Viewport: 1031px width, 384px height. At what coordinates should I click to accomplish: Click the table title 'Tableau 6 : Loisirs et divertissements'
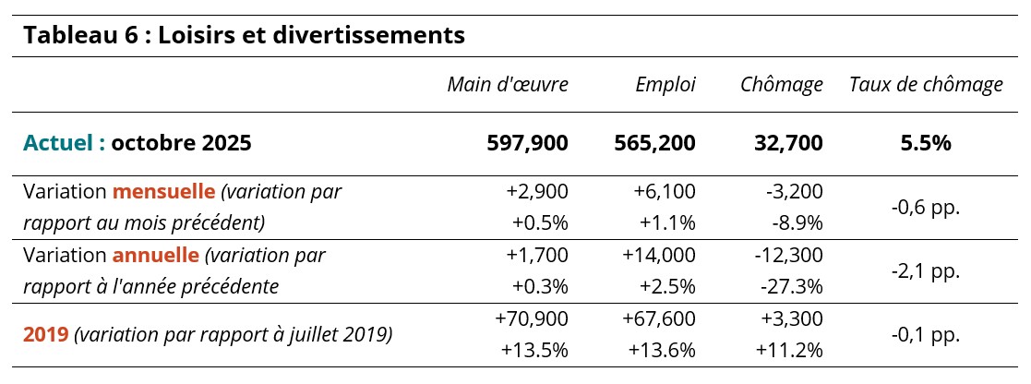pos(244,36)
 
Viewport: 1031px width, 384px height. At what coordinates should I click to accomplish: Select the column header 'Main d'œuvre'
pos(508,85)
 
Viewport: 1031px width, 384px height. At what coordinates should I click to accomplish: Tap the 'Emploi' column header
pos(665,85)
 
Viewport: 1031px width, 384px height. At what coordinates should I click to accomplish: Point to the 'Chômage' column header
pos(782,85)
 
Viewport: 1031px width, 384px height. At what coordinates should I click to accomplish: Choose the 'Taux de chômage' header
pos(926,85)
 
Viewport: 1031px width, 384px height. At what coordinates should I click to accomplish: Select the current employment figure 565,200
pos(655,143)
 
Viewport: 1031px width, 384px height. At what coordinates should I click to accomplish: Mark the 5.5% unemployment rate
pos(926,143)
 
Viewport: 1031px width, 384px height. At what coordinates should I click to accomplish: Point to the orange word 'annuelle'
pos(156,255)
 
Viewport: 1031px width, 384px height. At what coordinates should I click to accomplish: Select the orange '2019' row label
pos(45,334)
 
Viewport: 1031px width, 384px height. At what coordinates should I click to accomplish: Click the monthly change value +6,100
pos(665,191)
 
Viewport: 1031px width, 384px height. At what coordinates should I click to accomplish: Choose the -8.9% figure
pos(796,223)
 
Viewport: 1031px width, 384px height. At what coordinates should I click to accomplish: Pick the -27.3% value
pos(791,286)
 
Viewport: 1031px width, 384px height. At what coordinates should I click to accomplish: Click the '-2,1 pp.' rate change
pos(926,270)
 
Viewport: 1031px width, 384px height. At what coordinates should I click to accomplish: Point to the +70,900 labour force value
pos(532,318)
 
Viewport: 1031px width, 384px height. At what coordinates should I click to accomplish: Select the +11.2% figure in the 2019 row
pos(789,351)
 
